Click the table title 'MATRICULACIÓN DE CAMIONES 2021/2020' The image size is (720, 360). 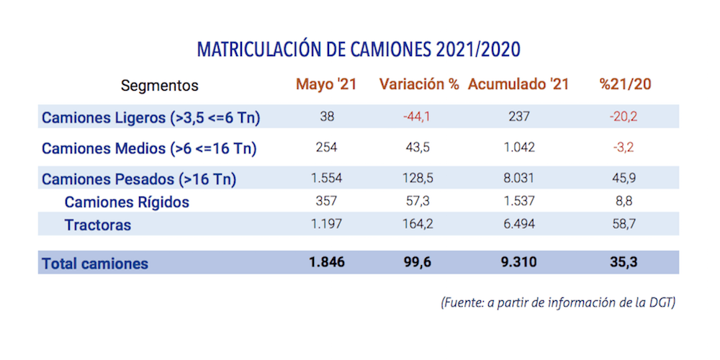click(359, 50)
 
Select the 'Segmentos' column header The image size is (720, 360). click(159, 85)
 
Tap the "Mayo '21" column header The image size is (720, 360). click(326, 84)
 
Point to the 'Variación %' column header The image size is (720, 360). click(419, 84)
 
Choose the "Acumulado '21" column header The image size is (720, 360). click(518, 84)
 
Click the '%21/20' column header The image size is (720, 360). click(625, 84)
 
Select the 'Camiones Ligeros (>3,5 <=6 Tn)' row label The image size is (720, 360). click(150, 118)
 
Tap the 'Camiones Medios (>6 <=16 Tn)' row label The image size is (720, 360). click(149, 149)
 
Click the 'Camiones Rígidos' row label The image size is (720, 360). click(127, 202)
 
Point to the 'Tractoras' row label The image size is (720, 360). click(98, 225)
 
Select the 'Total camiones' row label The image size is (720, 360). click(95, 264)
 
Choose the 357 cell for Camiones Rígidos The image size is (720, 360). click(326, 202)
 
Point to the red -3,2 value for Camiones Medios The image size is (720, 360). click(625, 148)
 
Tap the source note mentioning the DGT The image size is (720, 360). click(557, 303)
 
